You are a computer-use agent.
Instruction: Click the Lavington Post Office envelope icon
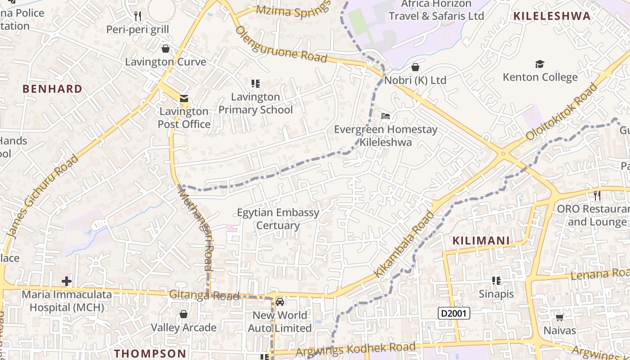(184, 99)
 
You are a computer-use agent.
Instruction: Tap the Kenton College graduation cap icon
(540, 64)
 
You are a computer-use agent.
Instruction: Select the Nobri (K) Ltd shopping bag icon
(415, 67)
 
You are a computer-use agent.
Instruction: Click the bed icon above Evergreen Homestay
(386, 116)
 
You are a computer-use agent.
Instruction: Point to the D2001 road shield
(454, 313)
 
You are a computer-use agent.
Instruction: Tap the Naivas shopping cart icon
(559, 318)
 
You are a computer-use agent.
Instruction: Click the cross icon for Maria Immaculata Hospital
(67, 282)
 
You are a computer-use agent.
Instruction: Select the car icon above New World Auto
(280, 301)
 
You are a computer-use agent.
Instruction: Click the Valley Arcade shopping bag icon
(183, 314)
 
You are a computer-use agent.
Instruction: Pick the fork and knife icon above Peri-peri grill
(138, 16)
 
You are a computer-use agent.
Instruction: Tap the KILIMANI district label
(481, 241)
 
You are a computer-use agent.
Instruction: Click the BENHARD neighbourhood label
(53, 89)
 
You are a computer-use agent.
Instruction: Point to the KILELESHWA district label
(552, 16)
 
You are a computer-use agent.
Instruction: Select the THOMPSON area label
(150, 353)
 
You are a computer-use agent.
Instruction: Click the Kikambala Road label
(405, 244)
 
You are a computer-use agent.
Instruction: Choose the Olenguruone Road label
(281, 44)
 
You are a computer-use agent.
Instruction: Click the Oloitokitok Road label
(562, 112)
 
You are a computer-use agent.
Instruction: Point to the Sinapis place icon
(496, 281)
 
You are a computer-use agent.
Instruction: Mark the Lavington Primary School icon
(256, 83)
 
